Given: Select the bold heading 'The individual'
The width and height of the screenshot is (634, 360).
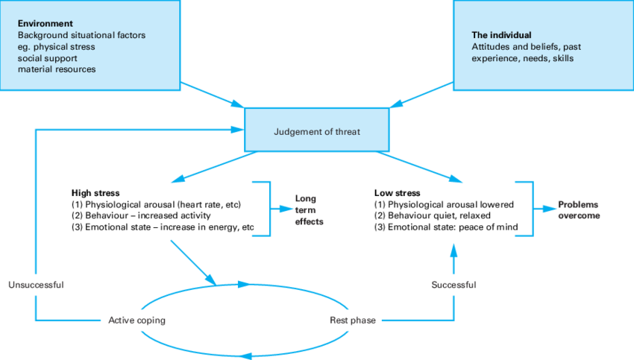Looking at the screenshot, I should (501, 35).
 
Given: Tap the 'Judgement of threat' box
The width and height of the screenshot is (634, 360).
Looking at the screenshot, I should (317, 132).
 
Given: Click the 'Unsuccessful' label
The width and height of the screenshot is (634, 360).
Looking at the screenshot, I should (36, 285).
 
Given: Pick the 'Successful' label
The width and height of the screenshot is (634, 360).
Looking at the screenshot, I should (453, 285).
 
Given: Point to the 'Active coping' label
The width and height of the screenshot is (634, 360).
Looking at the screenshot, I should (136, 320).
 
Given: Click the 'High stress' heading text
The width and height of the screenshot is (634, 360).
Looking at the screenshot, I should (95, 192).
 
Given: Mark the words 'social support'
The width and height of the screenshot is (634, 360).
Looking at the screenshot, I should (48, 58).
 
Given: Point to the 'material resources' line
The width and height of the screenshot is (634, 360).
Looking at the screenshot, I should (57, 69).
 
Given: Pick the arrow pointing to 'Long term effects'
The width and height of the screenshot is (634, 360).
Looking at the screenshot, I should (282, 209).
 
